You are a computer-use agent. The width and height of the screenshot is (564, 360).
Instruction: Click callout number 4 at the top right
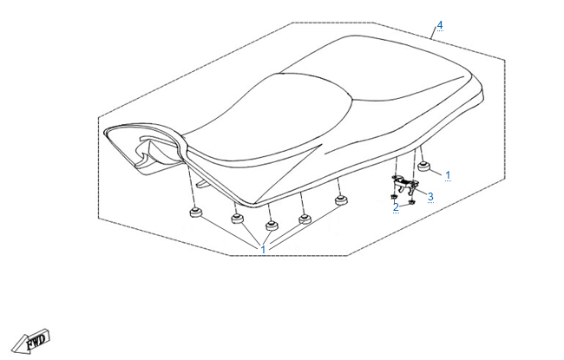click(x=440, y=25)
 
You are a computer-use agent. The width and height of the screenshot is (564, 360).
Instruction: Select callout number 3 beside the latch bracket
click(x=430, y=197)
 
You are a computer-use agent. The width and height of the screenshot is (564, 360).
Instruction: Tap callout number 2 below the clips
click(x=396, y=207)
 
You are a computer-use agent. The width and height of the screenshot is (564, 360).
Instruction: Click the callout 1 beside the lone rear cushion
click(x=448, y=175)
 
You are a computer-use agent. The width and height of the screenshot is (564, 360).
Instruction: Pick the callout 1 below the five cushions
click(x=263, y=250)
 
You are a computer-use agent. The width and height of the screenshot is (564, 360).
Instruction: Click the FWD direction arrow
click(x=30, y=341)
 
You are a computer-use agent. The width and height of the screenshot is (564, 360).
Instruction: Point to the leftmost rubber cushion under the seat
click(x=196, y=213)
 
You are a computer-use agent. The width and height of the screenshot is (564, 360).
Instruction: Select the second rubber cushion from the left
click(x=237, y=218)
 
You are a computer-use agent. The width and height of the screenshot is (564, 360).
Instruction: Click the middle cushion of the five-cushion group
click(x=272, y=226)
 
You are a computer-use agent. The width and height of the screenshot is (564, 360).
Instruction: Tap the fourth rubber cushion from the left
click(x=305, y=219)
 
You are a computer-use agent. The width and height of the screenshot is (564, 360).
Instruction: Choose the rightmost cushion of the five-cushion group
click(x=341, y=200)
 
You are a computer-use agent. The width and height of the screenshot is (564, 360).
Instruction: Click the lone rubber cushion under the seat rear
click(x=424, y=167)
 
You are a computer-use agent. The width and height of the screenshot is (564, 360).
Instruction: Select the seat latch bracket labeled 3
click(x=404, y=184)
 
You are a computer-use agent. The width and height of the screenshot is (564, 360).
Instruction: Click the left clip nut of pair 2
click(x=394, y=197)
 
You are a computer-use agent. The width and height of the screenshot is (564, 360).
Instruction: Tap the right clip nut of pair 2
click(x=412, y=202)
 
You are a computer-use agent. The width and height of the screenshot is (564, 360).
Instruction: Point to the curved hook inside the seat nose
click(x=148, y=147)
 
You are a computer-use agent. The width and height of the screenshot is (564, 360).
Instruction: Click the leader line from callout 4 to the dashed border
click(x=434, y=33)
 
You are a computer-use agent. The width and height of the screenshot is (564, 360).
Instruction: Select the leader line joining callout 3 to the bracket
click(x=421, y=192)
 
